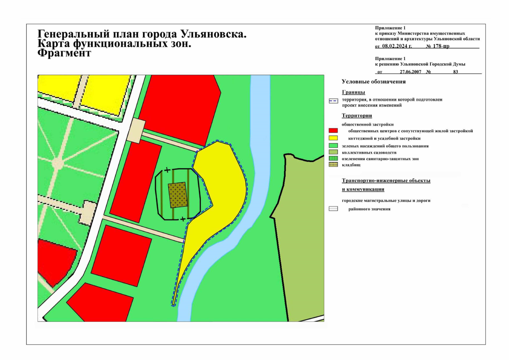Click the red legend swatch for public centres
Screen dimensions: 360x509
pyautogui.click(x=333, y=131)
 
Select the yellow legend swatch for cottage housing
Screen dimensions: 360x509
pyautogui.click(x=333, y=138)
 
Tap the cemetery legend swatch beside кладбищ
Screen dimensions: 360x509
pyautogui.click(x=333, y=165)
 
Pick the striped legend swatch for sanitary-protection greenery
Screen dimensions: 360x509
pyautogui.click(x=333, y=158)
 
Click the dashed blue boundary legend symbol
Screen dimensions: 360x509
pyautogui.click(x=333, y=101)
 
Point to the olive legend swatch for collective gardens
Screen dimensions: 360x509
pyautogui.click(x=333, y=152)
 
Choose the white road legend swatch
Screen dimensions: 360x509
pyautogui.click(x=333, y=209)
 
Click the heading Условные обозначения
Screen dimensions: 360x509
pyautogui.click(x=373, y=82)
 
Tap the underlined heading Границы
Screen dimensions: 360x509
pyautogui.click(x=353, y=92)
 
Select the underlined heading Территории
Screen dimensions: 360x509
pyautogui.click(x=357, y=116)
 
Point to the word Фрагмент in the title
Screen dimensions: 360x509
pyautogui.click(x=64, y=53)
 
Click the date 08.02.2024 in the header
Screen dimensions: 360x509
pyautogui.click(x=397, y=46)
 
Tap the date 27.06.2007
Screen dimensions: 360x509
pyautogui.click(x=410, y=72)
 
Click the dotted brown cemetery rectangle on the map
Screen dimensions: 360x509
pyautogui.click(x=178, y=195)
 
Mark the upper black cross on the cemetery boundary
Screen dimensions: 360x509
pyautogui.click(x=167, y=170)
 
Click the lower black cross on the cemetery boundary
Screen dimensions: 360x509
pyautogui.click(x=183, y=219)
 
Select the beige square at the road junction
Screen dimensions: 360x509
pyautogui.click(x=136, y=130)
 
